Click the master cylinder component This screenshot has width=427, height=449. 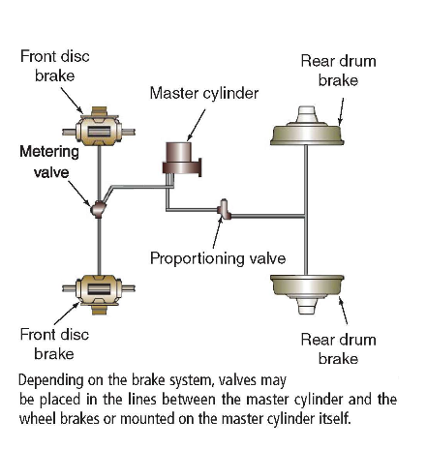(x=180, y=160)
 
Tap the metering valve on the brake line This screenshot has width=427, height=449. (x=98, y=207)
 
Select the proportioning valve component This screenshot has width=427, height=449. (x=224, y=208)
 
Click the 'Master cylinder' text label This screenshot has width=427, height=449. (x=204, y=93)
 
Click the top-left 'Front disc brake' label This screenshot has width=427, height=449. (x=54, y=66)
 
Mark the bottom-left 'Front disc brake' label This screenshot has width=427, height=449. (x=54, y=344)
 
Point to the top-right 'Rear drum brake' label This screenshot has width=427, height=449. (x=338, y=71)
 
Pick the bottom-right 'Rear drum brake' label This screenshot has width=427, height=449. (x=338, y=349)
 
